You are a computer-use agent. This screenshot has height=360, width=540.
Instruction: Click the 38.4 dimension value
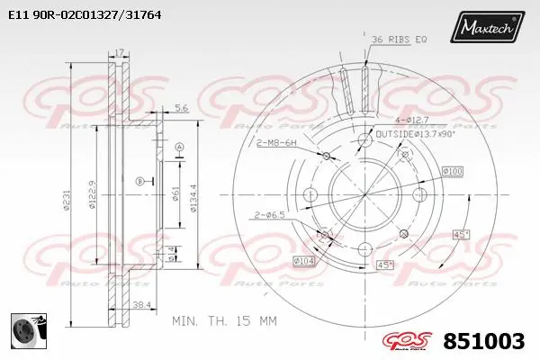coord(141,306)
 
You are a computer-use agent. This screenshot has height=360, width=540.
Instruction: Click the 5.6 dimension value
coord(181,108)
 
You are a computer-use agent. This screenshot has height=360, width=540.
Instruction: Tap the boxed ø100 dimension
coord(453,171)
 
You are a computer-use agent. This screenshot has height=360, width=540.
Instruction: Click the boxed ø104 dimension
coord(303,261)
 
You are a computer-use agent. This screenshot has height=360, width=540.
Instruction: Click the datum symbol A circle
coord(179,146)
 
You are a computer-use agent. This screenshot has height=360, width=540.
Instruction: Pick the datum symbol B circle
coord(139,181)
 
